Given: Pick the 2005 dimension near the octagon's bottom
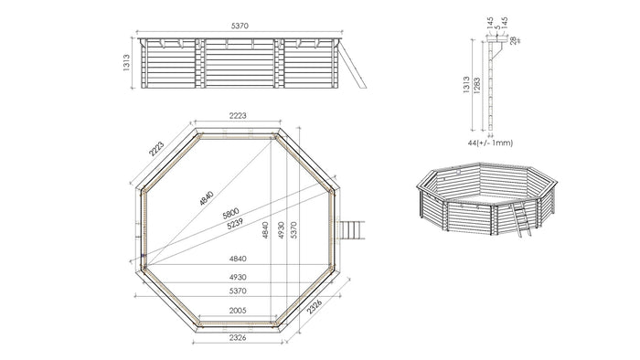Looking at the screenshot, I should click(x=237, y=311).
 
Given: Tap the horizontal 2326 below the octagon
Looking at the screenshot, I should click(x=237, y=337).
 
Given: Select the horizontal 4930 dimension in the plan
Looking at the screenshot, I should click(x=237, y=276).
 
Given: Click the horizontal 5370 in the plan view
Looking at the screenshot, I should click(x=237, y=290).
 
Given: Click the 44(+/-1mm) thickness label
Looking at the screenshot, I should click(x=488, y=143).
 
